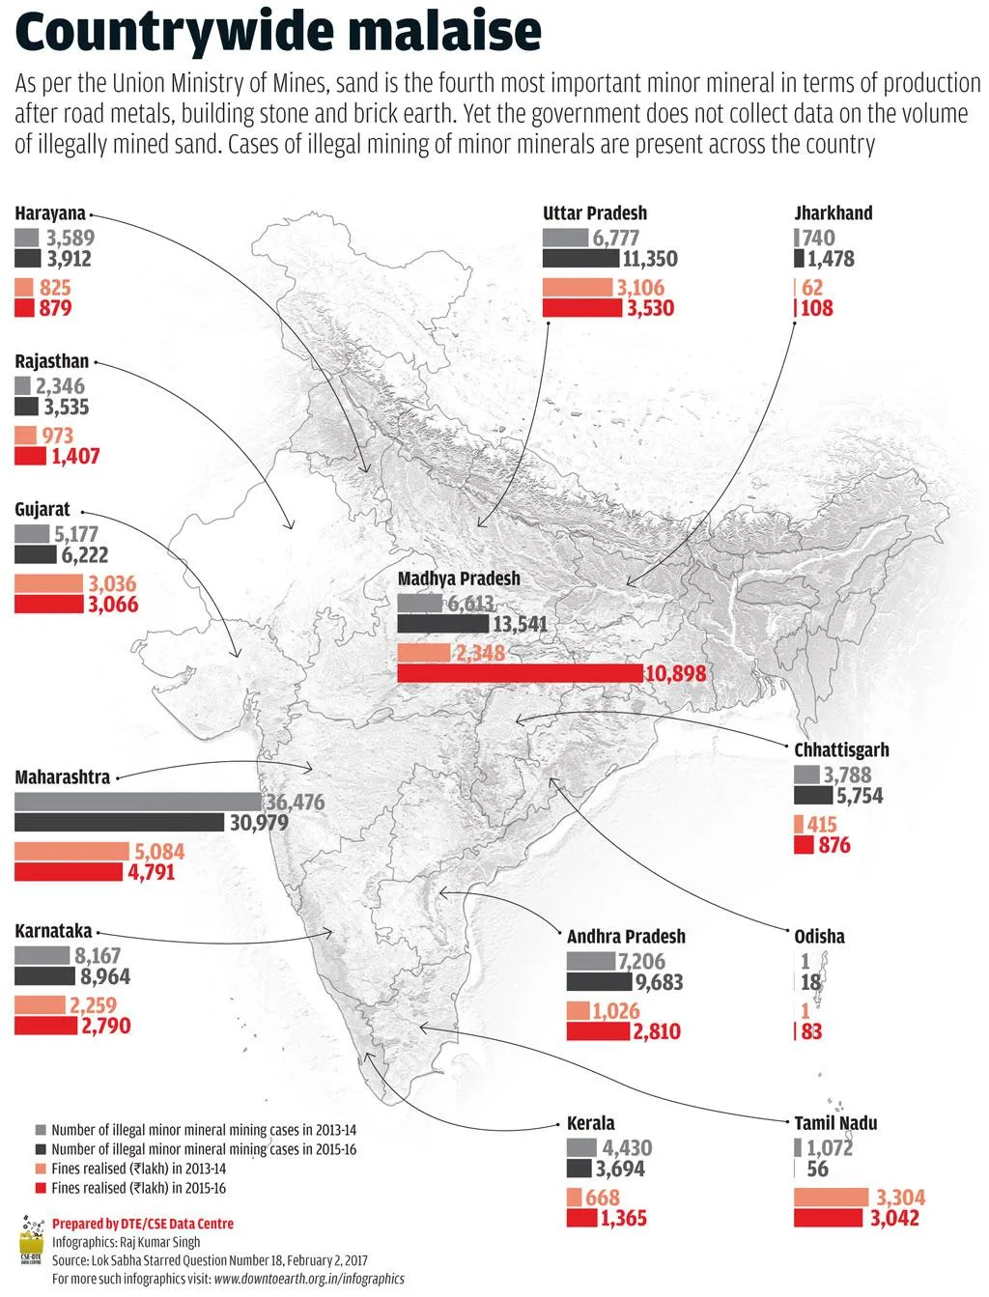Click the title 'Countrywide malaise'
(278, 33)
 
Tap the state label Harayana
(50, 213)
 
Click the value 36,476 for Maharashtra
(296, 803)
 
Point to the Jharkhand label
(833, 213)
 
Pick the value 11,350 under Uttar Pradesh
(650, 259)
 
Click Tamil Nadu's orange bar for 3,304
(831, 1198)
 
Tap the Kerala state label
(590, 1123)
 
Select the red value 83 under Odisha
(811, 1031)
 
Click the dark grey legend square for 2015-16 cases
(41, 1149)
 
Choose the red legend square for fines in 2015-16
(41, 1188)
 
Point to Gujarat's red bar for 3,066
(49, 605)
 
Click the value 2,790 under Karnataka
(106, 1026)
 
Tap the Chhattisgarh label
(841, 749)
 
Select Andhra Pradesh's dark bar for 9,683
(598, 982)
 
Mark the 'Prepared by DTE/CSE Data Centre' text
(143, 1224)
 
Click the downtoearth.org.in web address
(309, 1279)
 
